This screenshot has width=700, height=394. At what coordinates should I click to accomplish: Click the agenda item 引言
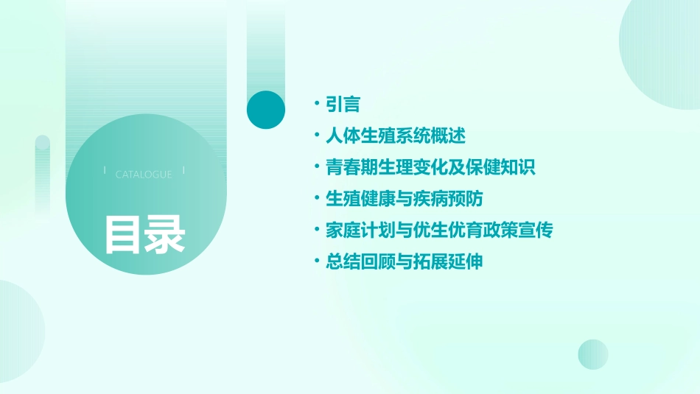pos(343,105)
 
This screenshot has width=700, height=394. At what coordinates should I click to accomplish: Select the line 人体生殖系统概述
pos(396,136)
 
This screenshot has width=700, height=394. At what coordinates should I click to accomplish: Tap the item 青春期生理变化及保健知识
pos(430,167)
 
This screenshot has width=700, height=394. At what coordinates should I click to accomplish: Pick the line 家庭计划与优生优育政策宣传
pos(439,230)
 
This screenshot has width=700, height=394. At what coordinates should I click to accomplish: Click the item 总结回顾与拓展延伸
pos(405,261)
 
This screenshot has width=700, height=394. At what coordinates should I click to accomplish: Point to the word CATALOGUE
pos(144,175)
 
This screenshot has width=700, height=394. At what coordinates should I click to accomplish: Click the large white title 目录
pos(144,234)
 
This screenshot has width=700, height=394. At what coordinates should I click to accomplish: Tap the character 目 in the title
pos(122,234)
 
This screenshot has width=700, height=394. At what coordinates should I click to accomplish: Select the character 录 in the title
pos(165,234)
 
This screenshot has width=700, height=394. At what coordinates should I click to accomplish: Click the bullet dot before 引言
pos(316,105)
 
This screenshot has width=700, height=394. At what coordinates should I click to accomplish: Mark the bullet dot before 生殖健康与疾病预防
pos(316,199)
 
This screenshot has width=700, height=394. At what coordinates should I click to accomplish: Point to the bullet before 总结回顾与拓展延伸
pos(316,261)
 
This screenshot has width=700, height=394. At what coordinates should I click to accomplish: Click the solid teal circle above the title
pos(265,110)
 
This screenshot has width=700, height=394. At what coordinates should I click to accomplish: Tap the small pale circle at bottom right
pos(593,354)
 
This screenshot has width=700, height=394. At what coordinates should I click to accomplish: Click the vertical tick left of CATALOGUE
pos(105,171)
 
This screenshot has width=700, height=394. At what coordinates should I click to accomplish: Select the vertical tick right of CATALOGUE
pos(183,171)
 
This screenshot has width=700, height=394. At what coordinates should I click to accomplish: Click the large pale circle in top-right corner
pos(663,52)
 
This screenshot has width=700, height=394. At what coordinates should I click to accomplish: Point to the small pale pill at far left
pos(43,173)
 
